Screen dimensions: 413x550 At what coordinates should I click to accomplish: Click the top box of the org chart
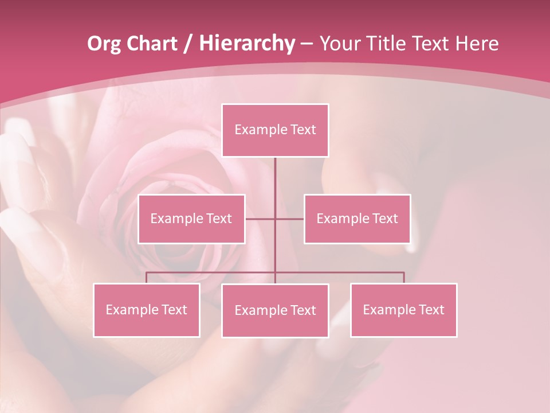coord(275,130)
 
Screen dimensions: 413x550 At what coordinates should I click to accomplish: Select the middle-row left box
coord(191,219)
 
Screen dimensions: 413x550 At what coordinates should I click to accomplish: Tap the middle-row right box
coord(357,219)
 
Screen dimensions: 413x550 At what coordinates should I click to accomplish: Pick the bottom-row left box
coord(147,310)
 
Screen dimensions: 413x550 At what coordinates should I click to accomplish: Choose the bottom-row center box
coord(275,310)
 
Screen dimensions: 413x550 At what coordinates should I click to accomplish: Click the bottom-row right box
coord(403,310)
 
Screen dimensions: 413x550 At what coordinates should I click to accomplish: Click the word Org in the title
coord(104,44)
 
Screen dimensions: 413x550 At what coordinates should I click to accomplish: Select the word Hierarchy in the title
coord(247,44)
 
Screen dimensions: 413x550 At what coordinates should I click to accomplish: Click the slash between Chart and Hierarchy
coord(188,44)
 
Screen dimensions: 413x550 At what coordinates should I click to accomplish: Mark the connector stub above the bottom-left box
coord(147,278)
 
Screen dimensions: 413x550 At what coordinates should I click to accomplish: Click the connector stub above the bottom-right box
coord(404,278)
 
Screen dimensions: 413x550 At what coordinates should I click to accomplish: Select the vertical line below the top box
coord(275,184)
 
